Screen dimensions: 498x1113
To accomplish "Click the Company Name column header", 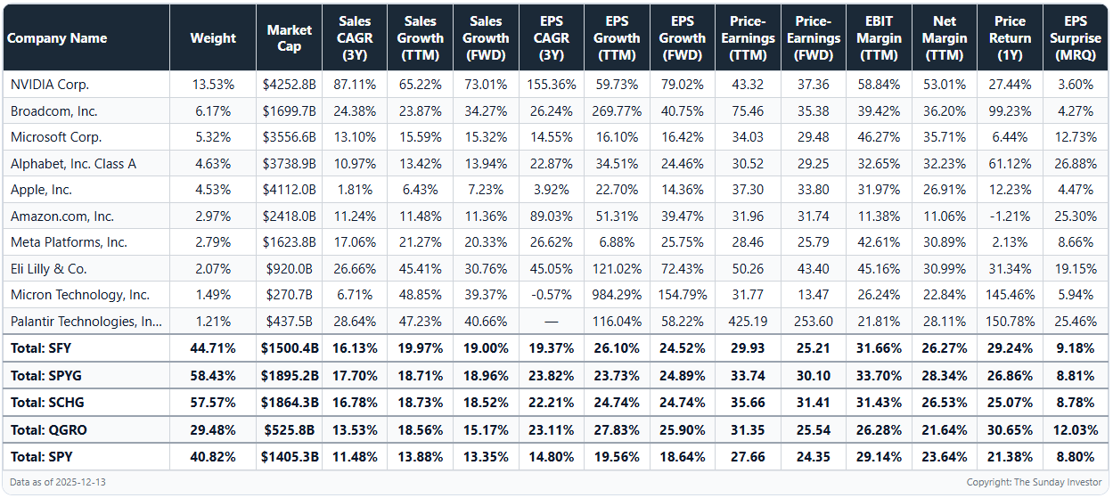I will [x=57, y=38].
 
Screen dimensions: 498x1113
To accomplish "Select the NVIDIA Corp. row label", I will [x=50, y=85].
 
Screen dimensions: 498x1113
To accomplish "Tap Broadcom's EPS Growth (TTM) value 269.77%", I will [x=616, y=111].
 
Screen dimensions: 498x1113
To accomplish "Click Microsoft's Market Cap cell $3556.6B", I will [x=289, y=137].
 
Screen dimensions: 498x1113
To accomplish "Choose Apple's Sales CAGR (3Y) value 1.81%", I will [x=355, y=190].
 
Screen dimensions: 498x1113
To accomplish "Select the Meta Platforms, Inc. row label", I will [x=69, y=242].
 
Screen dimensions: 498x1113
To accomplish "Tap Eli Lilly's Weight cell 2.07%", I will [x=213, y=269].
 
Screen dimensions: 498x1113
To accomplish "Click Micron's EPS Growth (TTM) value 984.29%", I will [x=616, y=295].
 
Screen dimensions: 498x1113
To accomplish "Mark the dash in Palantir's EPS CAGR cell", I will [x=552, y=322].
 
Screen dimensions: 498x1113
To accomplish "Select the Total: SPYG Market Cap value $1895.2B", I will [x=289, y=376].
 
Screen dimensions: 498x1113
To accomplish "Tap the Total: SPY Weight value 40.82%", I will [x=213, y=457].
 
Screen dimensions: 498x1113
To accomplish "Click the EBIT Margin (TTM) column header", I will [x=879, y=38].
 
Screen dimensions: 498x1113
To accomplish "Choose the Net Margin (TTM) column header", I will [x=944, y=38].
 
